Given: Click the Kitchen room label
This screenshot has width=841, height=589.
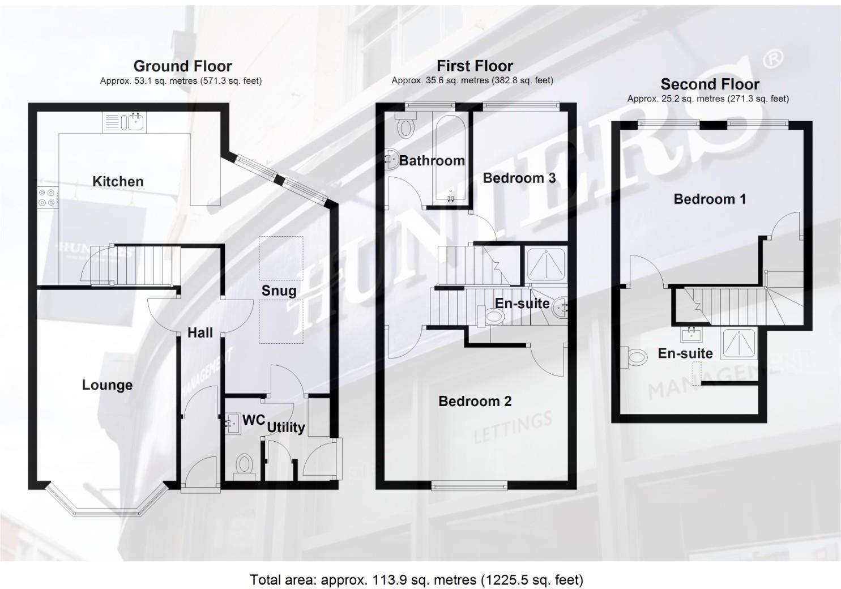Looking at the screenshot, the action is [118, 182].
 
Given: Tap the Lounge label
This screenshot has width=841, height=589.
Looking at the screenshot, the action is [107, 385].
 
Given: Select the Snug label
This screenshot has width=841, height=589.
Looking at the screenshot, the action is [279, 291].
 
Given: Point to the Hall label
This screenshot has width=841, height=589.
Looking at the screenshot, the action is [200, 333].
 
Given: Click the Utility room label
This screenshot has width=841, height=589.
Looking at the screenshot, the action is [286, 427].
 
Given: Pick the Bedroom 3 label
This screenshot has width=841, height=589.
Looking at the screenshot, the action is [519, 178].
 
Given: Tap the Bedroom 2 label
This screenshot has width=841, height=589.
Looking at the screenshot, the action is [475, 402].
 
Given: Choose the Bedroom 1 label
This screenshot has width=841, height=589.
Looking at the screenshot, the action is [709, 199].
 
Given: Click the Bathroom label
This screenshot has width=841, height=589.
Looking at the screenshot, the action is [432, 161].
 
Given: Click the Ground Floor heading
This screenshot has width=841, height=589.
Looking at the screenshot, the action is [182, 66].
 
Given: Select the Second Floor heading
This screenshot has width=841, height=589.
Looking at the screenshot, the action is [710, 85].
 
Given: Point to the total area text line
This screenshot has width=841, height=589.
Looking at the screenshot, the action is [416, 580].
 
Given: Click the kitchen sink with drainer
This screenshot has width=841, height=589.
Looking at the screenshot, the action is [125, 122].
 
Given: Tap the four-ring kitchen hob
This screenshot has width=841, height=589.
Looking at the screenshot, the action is [47, 197].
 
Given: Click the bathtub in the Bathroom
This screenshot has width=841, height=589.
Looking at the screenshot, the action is [451, 159].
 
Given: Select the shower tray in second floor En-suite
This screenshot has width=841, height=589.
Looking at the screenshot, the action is [738, 343].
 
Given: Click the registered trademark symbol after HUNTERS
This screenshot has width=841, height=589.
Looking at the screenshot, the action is [774, 57].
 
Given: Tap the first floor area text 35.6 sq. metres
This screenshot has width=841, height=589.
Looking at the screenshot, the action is [472, 80].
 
